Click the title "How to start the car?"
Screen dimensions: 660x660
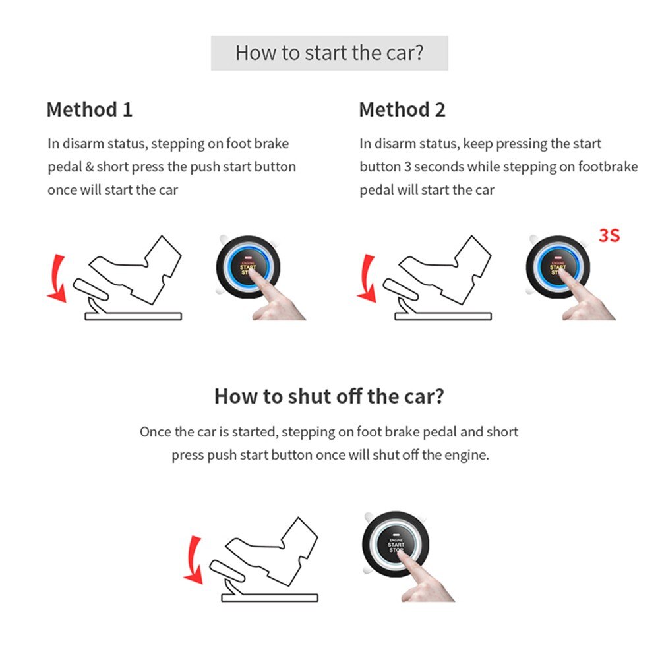(x=329, y=53)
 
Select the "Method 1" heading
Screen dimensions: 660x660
(x=89, y=109)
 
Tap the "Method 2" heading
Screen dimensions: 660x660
(x=402, y=109)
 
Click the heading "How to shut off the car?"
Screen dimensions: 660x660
(x=329, y=396)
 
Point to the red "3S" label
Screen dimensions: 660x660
(x=609, y=235)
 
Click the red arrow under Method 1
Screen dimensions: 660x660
(x=57, y=277)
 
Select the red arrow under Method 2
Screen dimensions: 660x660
(x=366, y=277)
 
